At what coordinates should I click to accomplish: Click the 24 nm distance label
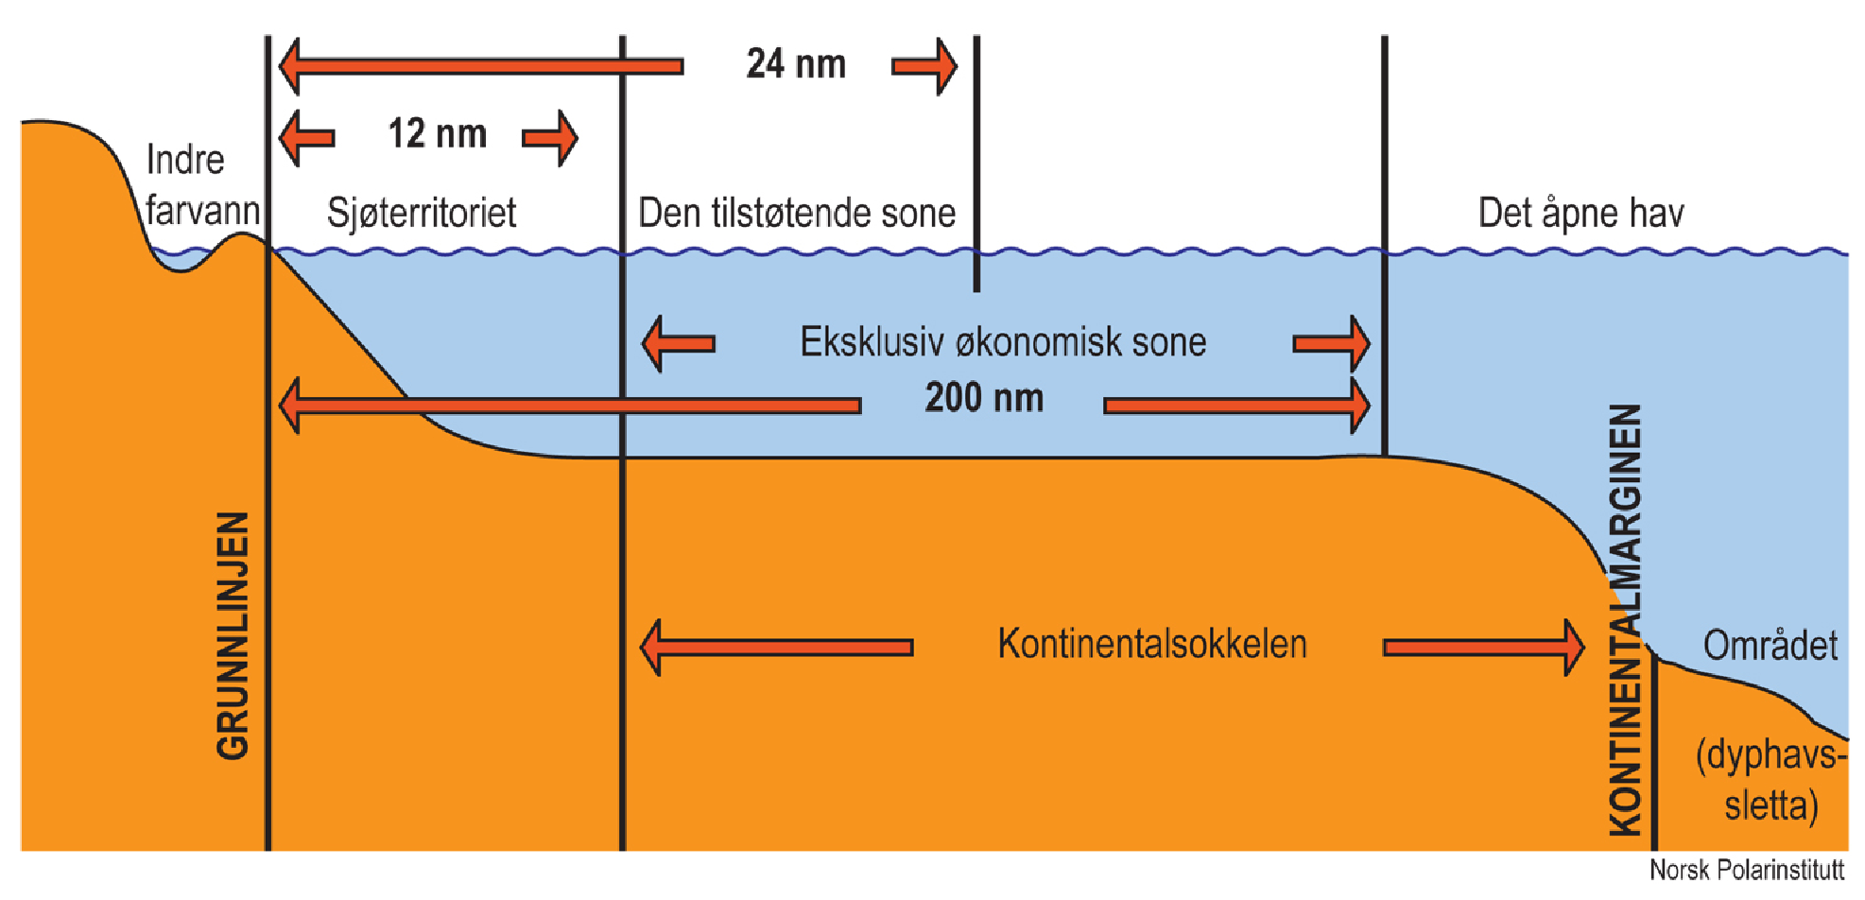(x=796, y=64)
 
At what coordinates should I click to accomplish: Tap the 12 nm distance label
(x=438, y=134)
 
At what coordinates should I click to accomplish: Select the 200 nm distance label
(x=984, y=398)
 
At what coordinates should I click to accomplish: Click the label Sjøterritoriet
(x=422, y=213)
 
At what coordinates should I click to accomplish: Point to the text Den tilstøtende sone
(x=797, y=213)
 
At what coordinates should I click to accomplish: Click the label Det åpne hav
(x=1580, y=213)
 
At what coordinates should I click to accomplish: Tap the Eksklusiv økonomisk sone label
(x=1003, y=341)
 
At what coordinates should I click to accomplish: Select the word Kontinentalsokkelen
(x=1152, y=644)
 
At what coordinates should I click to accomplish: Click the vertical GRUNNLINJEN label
(x=233, y=635)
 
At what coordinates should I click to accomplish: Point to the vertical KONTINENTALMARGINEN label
(x=1626, y=619)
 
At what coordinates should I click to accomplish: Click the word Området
(x=1770, y=646)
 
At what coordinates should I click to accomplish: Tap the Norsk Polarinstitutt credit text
(x=1746, y=870)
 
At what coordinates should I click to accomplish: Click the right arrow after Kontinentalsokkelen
(x=1484, y=648)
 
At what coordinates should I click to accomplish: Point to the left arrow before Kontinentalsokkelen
(x=776, y=648)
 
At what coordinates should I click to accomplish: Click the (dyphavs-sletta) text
(x=1770, y=780)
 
